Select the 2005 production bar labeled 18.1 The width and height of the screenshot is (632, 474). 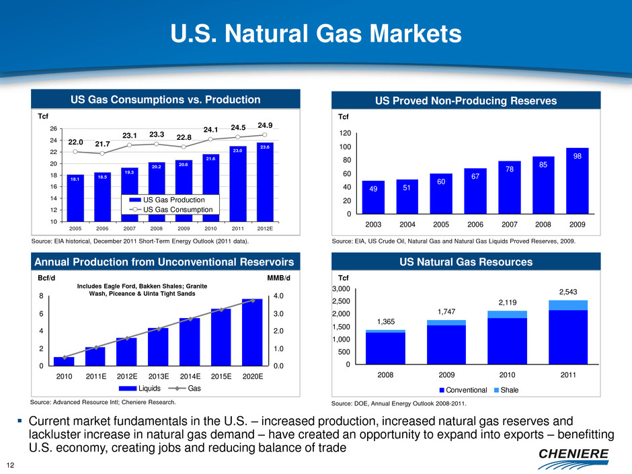(75, 198)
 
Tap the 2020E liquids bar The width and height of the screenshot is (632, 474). (252, 332)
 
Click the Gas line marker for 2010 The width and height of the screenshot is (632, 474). (64, 357)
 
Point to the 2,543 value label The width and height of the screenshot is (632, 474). (572, 291)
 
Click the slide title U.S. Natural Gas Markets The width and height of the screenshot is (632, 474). (316, 34)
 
